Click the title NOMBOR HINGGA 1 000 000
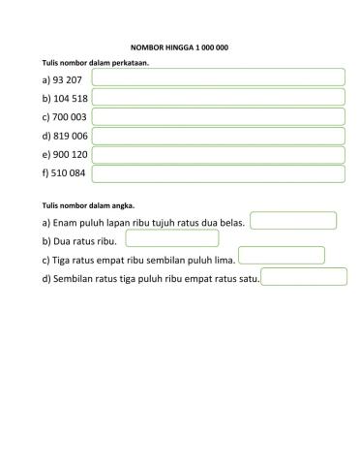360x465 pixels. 179,47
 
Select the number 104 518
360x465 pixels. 65,99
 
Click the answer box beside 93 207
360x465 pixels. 219,77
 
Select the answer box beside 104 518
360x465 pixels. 219,97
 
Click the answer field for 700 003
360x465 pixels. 219,116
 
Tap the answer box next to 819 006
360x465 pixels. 219,136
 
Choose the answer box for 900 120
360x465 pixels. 219,155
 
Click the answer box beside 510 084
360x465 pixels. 219,174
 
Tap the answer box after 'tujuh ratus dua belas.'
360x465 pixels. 293,221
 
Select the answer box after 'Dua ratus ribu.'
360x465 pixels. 171,239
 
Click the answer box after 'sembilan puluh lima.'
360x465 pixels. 282,256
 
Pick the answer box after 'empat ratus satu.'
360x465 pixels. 304,277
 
